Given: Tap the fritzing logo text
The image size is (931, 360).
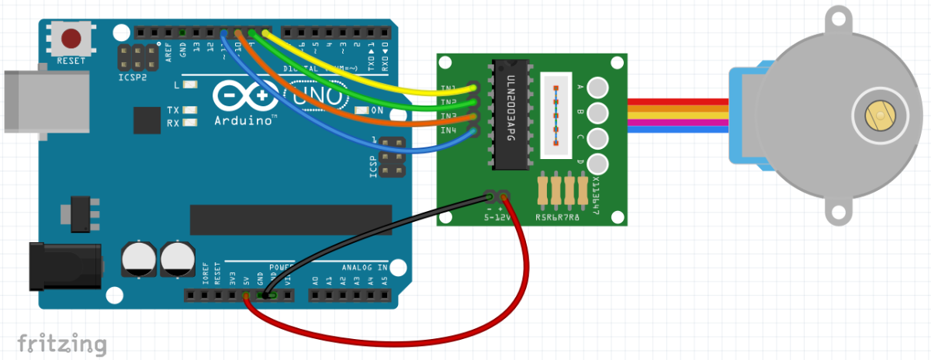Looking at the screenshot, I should click(x=61, y=342).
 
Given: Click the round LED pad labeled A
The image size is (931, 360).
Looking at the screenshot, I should click(x=597, y=88).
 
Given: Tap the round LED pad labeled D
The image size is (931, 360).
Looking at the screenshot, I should click(x=597, y=164).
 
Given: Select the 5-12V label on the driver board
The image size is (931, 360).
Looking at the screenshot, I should click(x=497, y=218).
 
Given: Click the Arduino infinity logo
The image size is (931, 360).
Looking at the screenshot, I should click(x=246, y=95).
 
